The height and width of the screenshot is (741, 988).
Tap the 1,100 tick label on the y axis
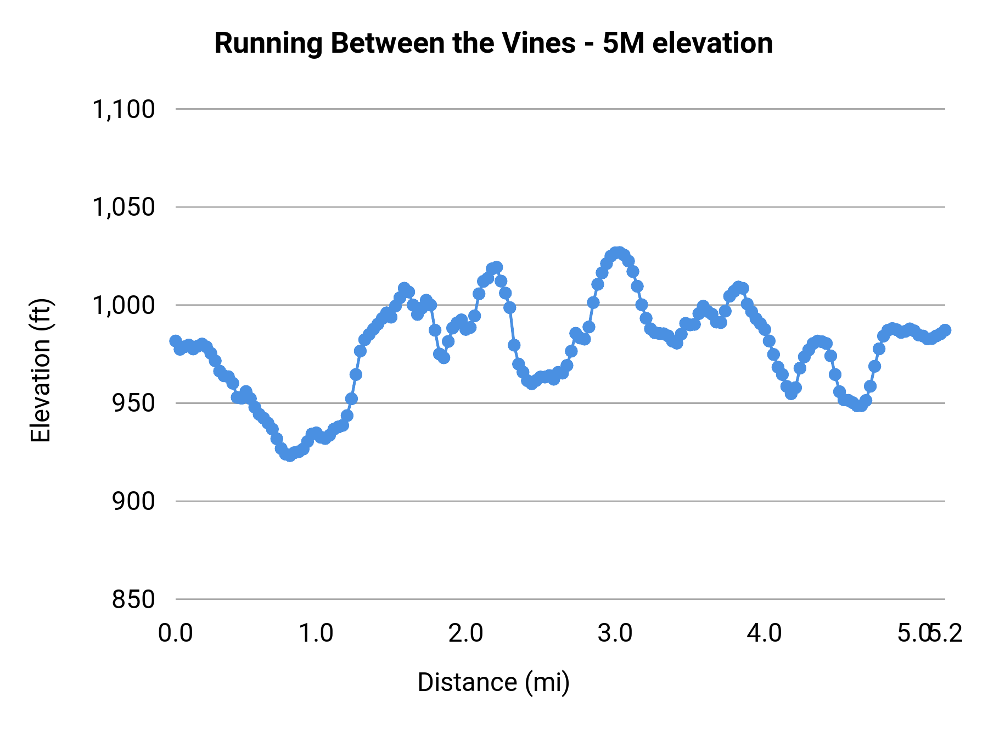click(x=123, y=109)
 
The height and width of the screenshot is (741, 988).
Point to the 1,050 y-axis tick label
click(x=123, y=207)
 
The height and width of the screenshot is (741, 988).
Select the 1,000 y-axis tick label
click(x=123, y=305)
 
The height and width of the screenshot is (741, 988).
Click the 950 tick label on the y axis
click(x=133, y=403)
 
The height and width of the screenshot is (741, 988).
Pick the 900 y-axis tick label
click(x=133, y=501)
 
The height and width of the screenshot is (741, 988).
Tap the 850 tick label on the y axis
click(x=133, y=599)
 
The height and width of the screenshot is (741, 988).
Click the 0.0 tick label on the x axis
click(x=176, y=633)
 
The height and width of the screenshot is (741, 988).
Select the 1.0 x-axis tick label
click(x=316, y=633)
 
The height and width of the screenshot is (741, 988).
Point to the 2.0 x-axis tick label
click(x=465, y=633)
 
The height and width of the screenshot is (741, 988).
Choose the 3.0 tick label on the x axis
click(x=615, y=633)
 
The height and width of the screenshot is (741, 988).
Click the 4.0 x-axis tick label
click(x=764, y=633)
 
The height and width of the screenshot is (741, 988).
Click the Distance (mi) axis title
click(x=493, y=682)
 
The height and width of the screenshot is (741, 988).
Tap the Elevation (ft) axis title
click(x=41, y=370)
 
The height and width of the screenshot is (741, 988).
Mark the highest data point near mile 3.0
click(x=619, y=252)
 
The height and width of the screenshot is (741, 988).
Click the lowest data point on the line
click(x=290, y=455)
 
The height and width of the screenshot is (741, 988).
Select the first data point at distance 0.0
click(x=176, y=341)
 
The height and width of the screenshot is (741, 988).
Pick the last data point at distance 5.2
click(x=945, y=330)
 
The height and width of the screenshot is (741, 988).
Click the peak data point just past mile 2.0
click(x=496, y=267)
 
